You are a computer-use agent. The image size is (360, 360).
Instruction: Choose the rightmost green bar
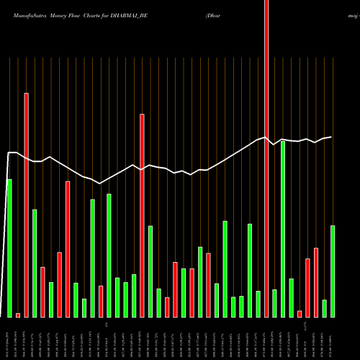[x=333, y=271]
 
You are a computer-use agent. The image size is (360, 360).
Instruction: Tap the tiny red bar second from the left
[x=18, y=315]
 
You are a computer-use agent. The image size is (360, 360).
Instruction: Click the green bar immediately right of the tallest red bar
[x=274, y=303]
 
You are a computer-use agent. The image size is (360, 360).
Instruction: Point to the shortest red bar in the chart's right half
[x=300, y=313]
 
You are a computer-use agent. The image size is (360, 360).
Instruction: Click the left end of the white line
[x=8, y=153]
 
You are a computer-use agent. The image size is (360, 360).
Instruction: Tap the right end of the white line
[x=332, y=137]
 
